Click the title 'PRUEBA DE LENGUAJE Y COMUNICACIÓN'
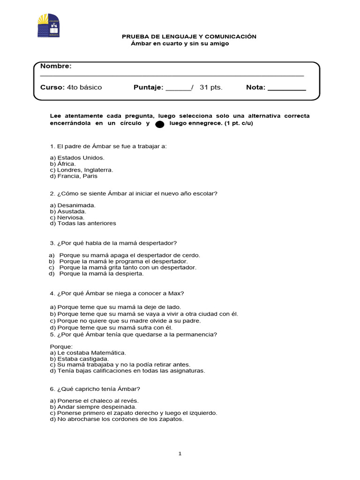point(189,37)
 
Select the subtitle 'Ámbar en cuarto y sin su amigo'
point(180,44)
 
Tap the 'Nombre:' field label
point(56,66)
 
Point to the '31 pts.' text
point(211,87)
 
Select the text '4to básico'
point(84,87)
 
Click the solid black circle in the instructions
point(159,124)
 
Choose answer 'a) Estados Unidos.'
point(77,158)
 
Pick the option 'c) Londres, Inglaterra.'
point(82,170)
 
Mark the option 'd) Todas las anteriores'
point(83,224)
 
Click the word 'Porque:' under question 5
point(61,346)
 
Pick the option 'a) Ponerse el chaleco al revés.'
point(94,401)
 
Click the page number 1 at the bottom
point(180,454)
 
